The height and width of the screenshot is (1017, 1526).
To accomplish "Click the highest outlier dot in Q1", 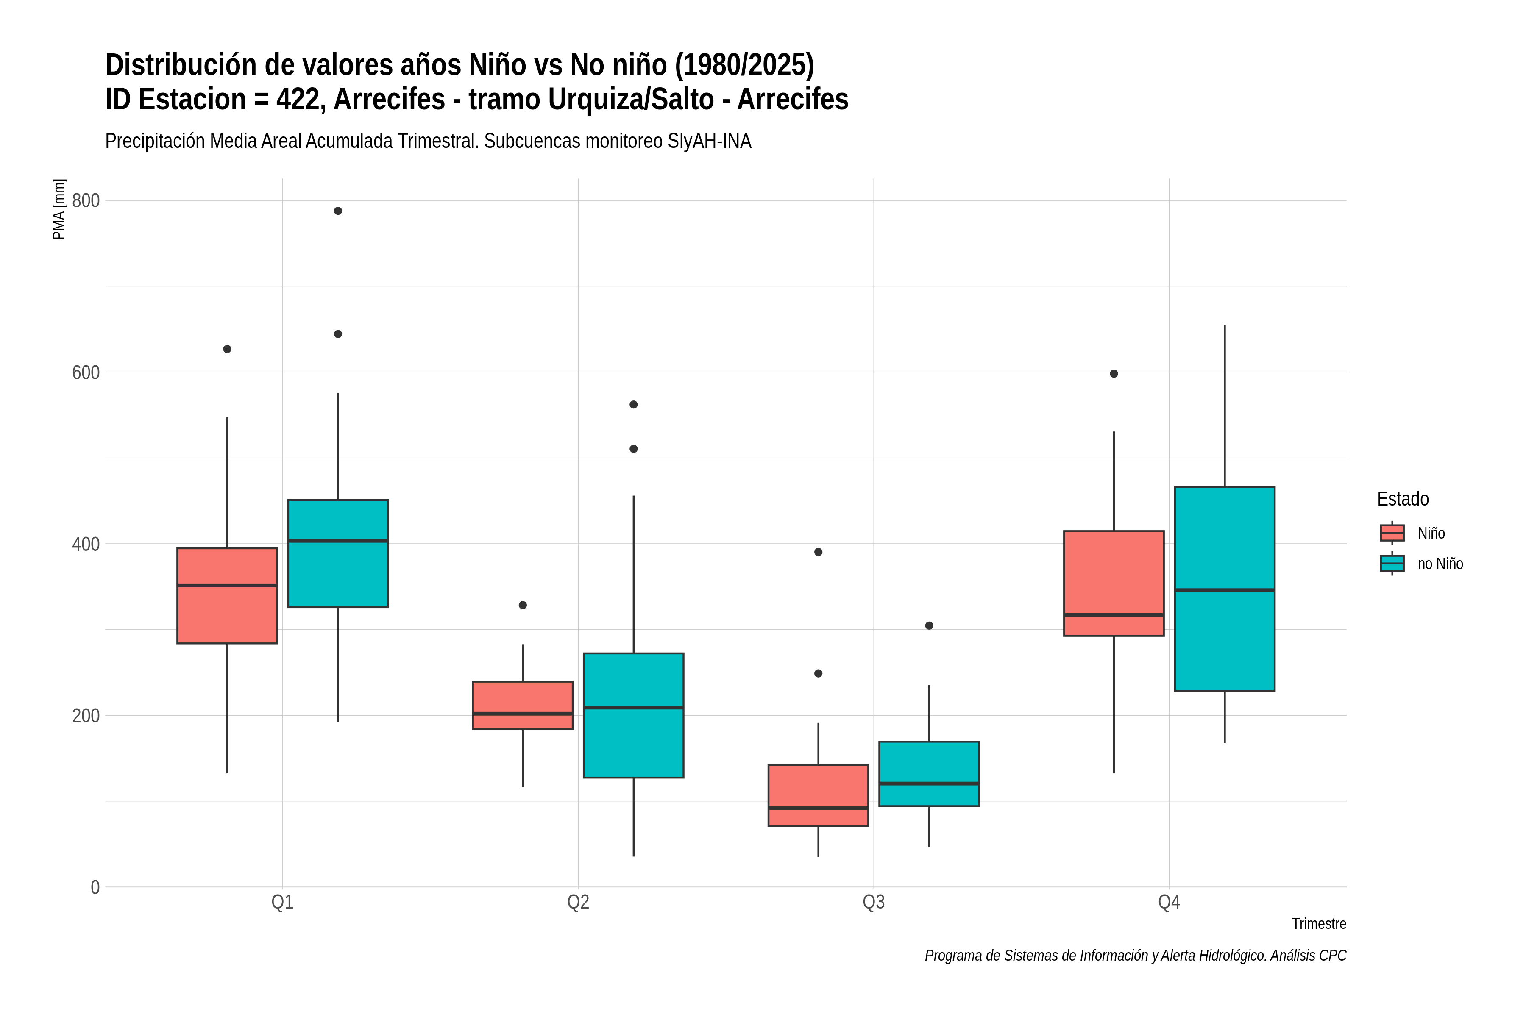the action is (x=338, y=211).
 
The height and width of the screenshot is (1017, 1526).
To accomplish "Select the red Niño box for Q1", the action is (x=227, y=595).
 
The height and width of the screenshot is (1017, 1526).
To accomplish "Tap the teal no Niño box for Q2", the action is (x=633, y=715).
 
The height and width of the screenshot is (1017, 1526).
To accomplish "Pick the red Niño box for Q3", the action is (x=818, y=795).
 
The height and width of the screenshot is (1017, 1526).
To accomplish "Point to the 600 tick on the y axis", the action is (x=86, y=372).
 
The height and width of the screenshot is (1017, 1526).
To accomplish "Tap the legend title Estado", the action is (x=1403, y=499).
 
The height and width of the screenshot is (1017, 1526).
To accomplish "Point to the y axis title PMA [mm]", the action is (x=59, y=209).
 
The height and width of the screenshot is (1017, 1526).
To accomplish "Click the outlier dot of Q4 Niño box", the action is (x=1114, y=374).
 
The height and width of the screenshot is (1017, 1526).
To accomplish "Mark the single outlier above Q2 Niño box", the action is (x=523, y=605).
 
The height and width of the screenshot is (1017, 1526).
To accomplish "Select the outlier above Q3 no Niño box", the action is (x=929, y=626).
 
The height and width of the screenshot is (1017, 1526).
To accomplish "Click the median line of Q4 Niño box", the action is (x=1114, y=615).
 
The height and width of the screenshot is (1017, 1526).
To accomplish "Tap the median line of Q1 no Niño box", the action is (x=338, y=540).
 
